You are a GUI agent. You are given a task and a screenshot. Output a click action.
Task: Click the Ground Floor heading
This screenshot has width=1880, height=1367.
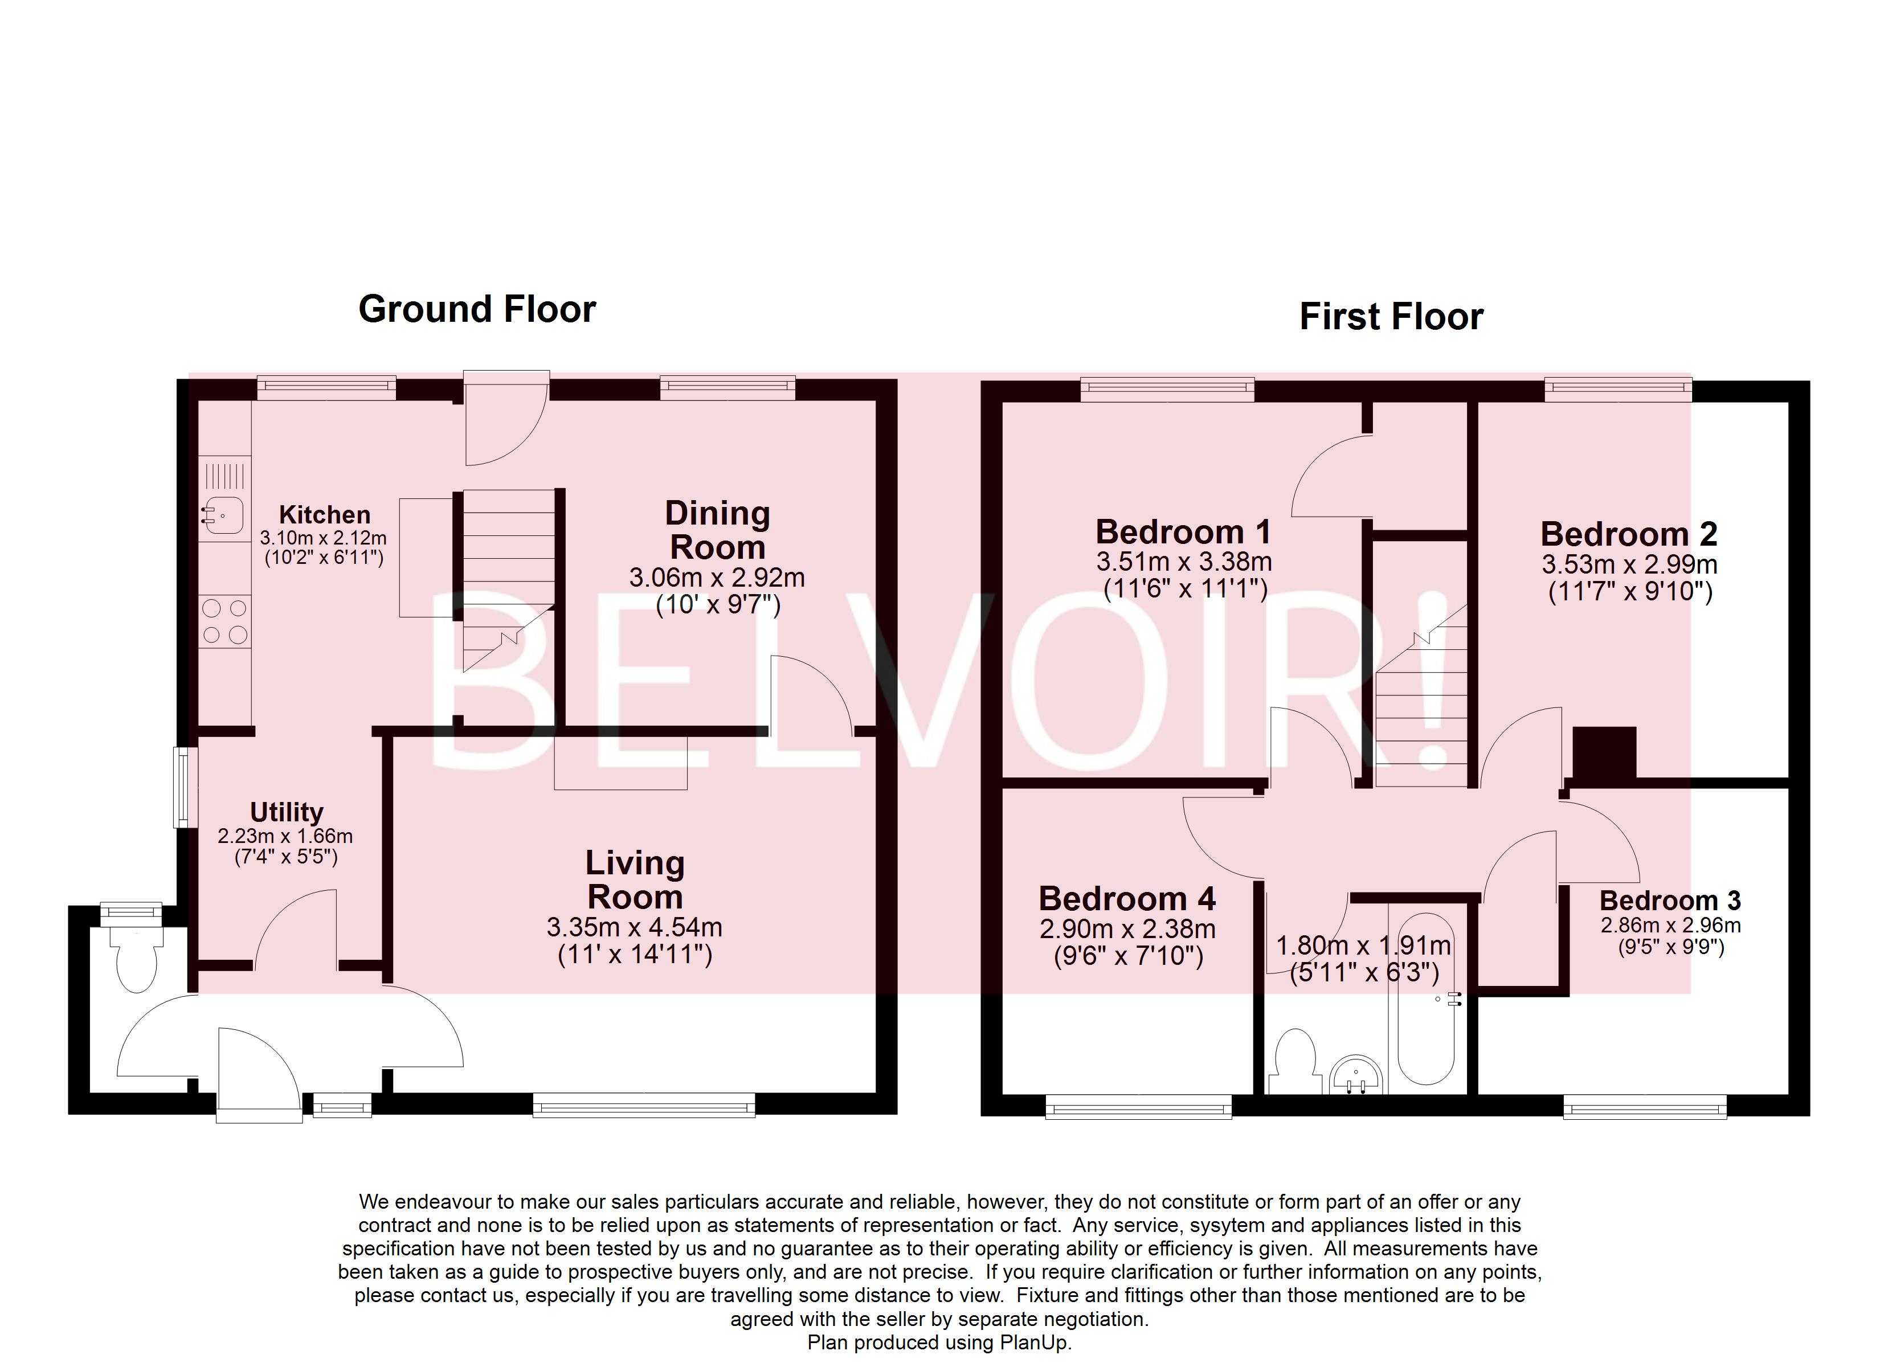[477, 309]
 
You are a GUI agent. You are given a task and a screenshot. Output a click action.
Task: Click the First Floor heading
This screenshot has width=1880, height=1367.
[1391, 317]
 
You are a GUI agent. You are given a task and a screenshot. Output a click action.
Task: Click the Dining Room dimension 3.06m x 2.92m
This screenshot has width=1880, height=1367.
[716, 578]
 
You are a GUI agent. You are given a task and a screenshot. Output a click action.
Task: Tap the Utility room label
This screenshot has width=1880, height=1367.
[286, 812]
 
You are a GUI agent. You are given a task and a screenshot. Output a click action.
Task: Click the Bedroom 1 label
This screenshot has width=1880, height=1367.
[1183, 531]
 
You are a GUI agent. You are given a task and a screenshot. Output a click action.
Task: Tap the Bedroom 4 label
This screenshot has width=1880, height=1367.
[1126, 899]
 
